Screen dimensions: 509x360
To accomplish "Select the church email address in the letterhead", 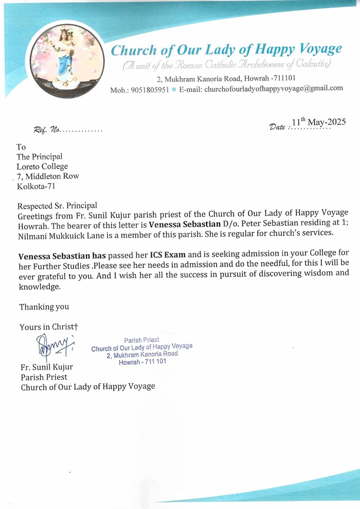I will (x=274, y=88).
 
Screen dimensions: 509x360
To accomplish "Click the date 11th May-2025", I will (x=318, y=122).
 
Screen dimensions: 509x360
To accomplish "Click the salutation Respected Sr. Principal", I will (x=57, y=205).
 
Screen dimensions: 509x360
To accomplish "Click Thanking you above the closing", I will (x=44, y=307).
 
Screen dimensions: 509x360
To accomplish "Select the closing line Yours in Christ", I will (x=48, y=326).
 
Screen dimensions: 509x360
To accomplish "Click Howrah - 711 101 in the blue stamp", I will (x=142, y=362).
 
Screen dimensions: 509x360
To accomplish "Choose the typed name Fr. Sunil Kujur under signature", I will (x=47, y=367).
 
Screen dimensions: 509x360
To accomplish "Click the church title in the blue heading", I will (x=226, y=50).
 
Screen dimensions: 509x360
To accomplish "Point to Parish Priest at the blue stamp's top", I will (x=141, y=340).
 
